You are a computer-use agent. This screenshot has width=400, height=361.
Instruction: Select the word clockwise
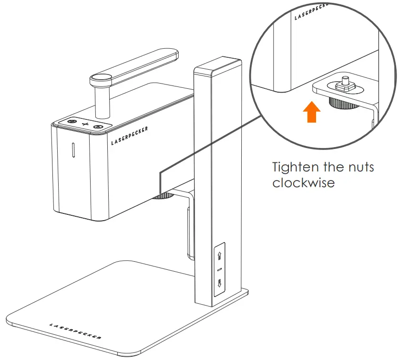pos(303,183)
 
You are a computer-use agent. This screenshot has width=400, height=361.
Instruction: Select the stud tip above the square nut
pos(345,78)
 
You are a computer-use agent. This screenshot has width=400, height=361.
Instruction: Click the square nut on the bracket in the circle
pos(345,87)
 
